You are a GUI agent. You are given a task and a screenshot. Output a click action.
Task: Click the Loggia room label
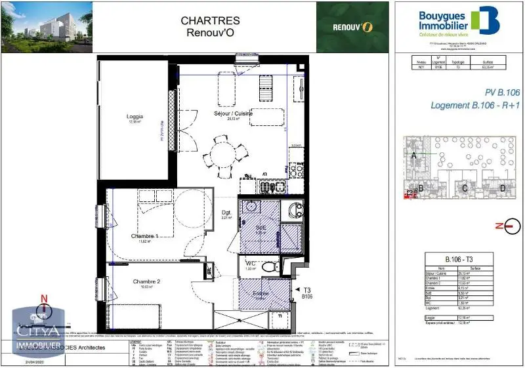coord(135,117)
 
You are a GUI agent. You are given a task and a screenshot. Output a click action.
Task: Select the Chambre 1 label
coord(144,236)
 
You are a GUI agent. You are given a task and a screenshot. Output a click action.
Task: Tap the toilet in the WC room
coord(267,268)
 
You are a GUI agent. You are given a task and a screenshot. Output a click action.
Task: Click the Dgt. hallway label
coord(226,212)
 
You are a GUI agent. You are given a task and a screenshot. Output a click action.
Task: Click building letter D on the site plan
coord(502,189)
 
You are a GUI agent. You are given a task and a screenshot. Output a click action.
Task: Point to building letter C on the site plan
coord(465,189)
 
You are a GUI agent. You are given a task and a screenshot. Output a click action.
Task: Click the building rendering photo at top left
coord(46,26)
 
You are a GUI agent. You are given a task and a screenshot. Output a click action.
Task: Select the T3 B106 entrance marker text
coord(307,293)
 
